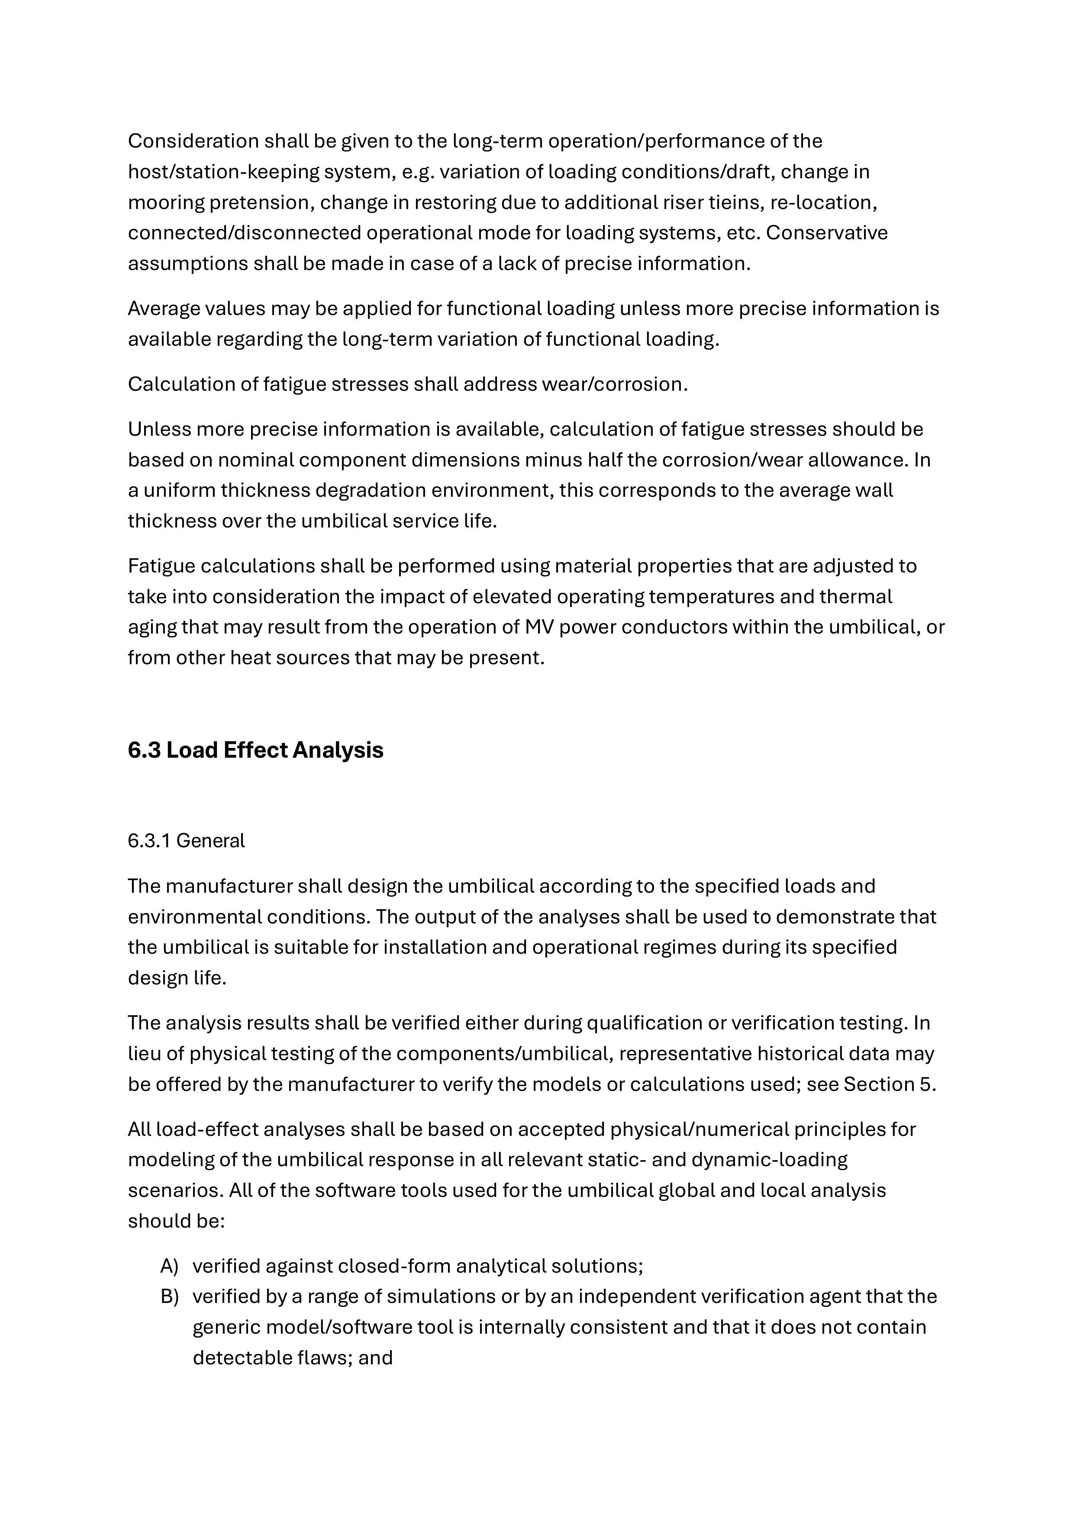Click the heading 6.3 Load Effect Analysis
pos(255,750)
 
